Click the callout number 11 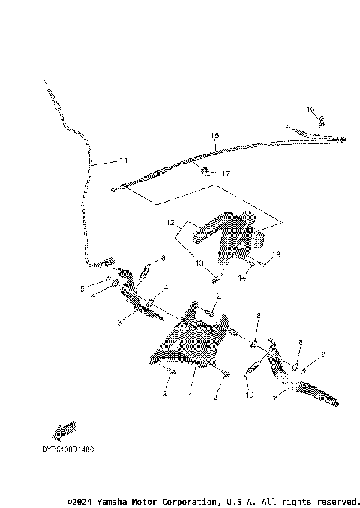click(x=123, y=161)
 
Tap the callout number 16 click(x=310, y=110)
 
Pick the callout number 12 click(x=171, y=223)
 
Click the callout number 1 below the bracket click(x=190, y=394)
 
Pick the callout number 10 click(x=249, y=395)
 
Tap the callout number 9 click(x=257, y=316)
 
